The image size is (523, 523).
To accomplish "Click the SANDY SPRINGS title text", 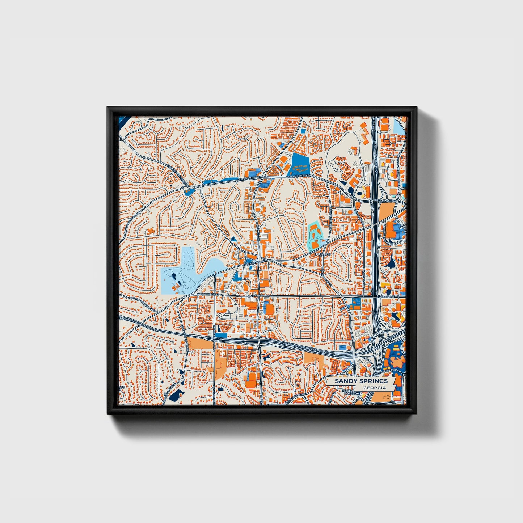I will (x=361, y=381).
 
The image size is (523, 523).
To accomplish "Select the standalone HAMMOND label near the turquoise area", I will (x=323, y=254).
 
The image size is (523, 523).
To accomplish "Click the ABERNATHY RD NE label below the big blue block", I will (x=298, y=177).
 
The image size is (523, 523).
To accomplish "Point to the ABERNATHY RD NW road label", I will (x=250, y=179).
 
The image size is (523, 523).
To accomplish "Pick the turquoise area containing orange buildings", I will (x=315, y=235).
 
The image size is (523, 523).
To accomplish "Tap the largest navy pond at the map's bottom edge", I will (x=176, y=395).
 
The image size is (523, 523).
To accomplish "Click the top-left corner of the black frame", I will (x=107, y=107).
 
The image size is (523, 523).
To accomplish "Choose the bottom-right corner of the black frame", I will (x=417, y=414).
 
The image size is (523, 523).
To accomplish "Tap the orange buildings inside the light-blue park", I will (x=176, y=287).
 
